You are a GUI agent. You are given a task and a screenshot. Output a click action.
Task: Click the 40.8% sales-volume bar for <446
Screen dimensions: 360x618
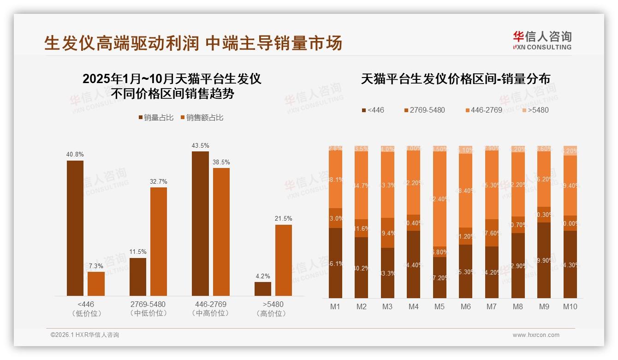click(x=75, y=228)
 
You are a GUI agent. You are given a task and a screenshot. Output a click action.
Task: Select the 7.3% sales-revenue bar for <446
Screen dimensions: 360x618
click(x=96, y=284)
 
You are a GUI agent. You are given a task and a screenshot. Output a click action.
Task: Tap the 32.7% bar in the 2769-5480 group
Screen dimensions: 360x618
click(x=159, y=241)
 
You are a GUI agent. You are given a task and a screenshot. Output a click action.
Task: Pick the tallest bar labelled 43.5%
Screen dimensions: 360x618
click(x=200, y=223)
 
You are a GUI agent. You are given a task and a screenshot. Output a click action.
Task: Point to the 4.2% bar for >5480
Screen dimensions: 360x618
click(x=263, y=289)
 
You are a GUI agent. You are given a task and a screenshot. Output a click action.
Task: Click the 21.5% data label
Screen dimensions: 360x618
click(x=284, y=218)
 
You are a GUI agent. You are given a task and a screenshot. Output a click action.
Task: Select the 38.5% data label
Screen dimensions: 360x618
click(x=221, y=162)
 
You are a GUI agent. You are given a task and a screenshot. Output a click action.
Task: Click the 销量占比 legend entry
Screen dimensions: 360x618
click(x=156, y=118)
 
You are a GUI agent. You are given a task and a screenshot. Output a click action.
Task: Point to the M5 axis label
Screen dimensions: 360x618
click(x=440, y=306)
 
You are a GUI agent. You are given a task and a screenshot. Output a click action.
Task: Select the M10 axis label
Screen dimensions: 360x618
click(x=570, y=306)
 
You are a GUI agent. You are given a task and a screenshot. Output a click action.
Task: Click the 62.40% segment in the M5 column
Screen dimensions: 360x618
click(x=440, y=199)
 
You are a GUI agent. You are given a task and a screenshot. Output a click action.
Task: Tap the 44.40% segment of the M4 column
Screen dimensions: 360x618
click(x=414, y=264)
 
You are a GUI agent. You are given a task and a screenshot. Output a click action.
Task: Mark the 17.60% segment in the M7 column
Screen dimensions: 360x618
click(x=492, y=233)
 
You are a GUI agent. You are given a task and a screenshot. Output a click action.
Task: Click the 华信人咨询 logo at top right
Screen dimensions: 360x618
click(x=542, y=40)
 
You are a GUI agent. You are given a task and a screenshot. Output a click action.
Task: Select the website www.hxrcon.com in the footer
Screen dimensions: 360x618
click(x=536, y=335)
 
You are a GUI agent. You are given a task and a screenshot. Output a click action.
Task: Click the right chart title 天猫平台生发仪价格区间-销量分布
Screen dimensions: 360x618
click(x=455, y=79)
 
